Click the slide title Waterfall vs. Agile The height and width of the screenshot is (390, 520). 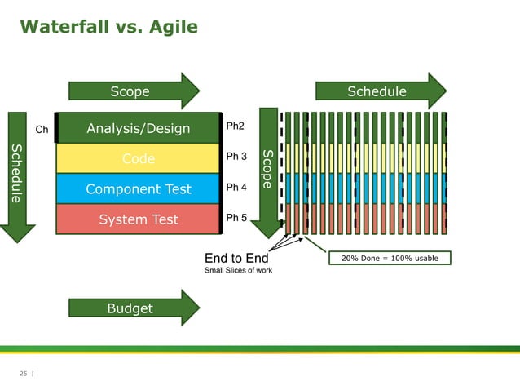[x=108, y=27]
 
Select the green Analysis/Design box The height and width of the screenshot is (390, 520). [x=139, y=128]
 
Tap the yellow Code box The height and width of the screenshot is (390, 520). [x=139, y=158]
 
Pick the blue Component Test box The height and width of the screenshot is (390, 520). [x=139, y=189]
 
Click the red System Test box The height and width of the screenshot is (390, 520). [x=139, y=219]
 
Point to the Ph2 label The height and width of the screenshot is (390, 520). [x=235, y=126]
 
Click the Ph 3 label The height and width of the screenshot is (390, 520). [x=236, y=156]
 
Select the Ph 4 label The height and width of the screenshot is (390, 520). [x=236, y=187]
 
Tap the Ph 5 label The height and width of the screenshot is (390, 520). [x=236, y=218]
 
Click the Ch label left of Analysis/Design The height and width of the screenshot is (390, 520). [x=42, y=129]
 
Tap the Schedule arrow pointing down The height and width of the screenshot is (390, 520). [x=18, y=175]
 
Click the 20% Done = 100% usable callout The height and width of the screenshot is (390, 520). [x=390, y=259]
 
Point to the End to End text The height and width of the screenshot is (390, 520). [x=236, y=259]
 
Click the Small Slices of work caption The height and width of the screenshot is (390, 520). [x=238, y=271]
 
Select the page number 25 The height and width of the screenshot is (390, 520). [x=23, y=374]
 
